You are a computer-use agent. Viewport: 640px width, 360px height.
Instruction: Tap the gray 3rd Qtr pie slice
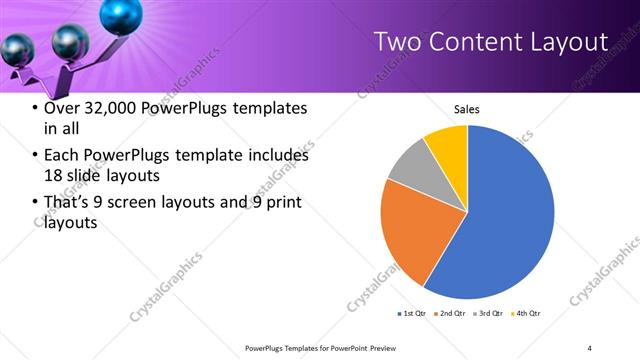point(411,167)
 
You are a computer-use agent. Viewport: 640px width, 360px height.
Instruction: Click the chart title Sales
point(467,109)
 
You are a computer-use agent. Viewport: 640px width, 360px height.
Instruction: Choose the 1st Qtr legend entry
point(411,314)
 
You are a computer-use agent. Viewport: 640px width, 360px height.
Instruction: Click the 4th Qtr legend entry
point(524,314)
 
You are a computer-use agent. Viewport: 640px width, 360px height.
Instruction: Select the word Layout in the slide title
point(568,41)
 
